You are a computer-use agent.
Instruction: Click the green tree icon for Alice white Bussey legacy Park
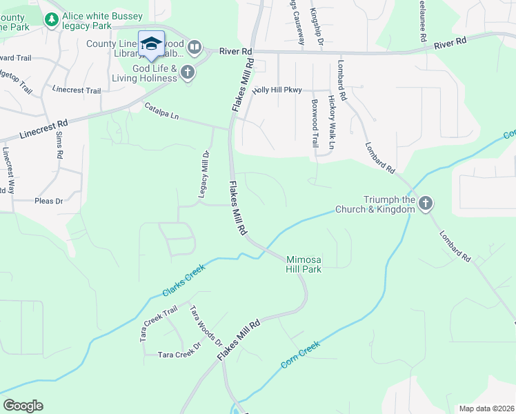(51, 20)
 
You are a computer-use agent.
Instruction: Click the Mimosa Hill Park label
(304, 264)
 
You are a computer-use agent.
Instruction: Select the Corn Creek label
(300, 354)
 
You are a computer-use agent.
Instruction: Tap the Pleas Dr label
(48, 201)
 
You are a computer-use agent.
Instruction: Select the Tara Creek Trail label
(159, 317)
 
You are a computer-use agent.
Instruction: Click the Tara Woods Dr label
(206, 327)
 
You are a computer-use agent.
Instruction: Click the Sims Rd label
(59, 146)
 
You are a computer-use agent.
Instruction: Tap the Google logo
(23, 405)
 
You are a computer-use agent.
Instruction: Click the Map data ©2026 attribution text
(486, 408)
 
